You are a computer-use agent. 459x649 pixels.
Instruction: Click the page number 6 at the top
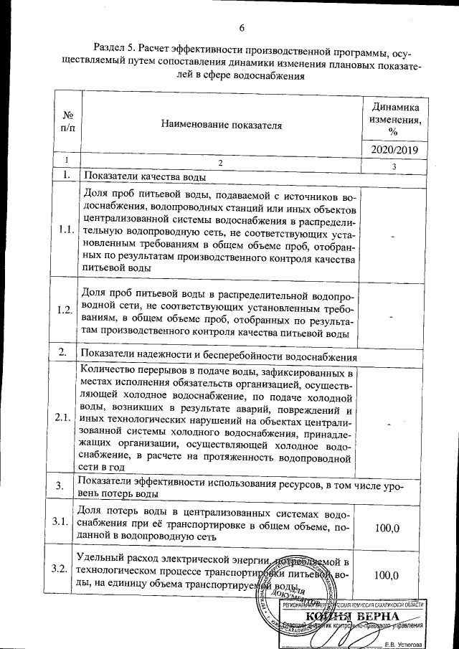tap(242, 28)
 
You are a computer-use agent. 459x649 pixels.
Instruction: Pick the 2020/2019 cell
tap(392, 150)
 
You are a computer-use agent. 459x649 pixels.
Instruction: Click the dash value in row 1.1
tap(392, 234)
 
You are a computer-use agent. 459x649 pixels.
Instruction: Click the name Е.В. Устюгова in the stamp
tap(404, 641)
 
